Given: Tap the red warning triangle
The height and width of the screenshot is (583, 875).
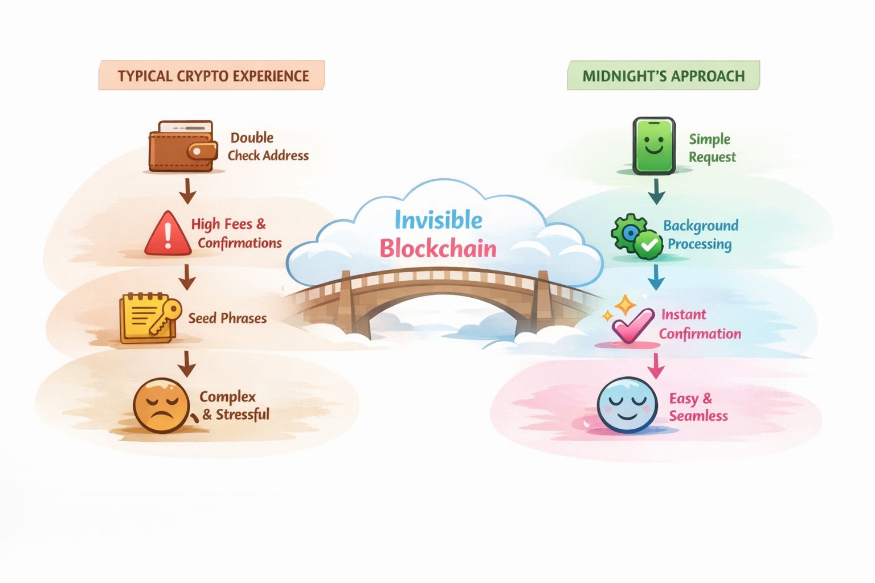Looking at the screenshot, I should tap(167, 234).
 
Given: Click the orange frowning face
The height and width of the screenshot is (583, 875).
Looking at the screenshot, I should tap(160, 405).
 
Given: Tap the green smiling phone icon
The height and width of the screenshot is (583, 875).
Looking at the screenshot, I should tap(654, 146).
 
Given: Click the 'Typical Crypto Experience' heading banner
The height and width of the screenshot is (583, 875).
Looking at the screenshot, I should tap(212, 76).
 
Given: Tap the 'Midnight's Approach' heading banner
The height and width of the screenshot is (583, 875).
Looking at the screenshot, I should tap(663, 76).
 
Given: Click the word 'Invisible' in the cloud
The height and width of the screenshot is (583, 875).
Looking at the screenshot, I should tap(438, 220).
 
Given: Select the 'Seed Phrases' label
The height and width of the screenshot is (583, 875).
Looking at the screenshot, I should tap(227, 318).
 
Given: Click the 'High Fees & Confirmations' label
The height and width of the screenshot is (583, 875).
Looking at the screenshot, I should tap(236, 233).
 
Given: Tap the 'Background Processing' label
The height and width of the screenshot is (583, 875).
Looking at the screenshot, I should tap(700, 235).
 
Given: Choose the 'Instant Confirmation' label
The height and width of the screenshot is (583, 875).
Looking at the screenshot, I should tap(700, 324).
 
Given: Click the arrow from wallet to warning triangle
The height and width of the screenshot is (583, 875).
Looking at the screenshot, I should tap(187, 191).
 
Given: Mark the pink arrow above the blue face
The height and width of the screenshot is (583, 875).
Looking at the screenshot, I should tap(656, 366).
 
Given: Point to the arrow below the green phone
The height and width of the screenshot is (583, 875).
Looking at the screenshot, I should tap(656, 191).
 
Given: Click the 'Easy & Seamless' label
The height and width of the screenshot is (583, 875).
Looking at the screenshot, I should tap(698, 407).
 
